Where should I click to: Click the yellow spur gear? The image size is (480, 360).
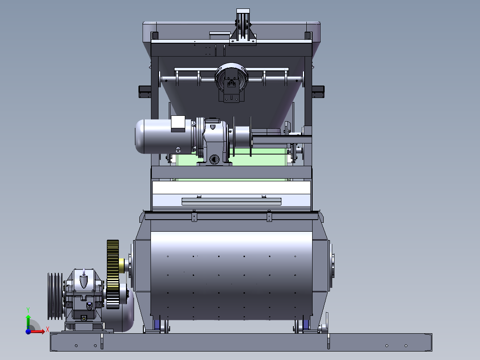113,274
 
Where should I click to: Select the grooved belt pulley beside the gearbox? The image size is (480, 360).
55,296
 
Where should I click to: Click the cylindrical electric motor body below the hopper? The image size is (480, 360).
164,136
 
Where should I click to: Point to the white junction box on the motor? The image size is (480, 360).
178,123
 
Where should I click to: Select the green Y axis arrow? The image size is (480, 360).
28,322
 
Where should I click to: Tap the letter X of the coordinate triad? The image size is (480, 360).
48,330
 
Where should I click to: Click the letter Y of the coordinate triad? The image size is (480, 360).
28,310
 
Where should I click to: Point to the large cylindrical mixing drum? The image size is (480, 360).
232,275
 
